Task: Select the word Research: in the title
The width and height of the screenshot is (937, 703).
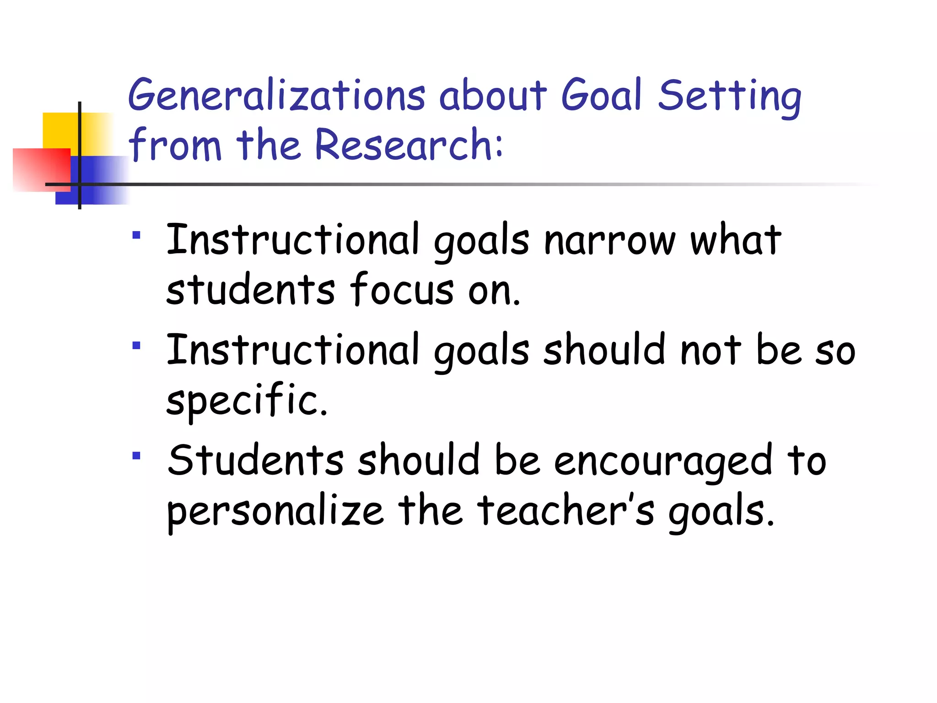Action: point(409,145)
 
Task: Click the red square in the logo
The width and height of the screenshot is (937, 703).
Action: point(41,169)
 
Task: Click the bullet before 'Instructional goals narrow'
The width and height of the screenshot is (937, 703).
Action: point(136,235)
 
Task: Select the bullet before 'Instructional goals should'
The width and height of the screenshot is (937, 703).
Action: point(136,345)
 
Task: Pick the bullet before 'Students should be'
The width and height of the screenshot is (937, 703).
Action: point(136,455)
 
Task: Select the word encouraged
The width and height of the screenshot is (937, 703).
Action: point(663,461)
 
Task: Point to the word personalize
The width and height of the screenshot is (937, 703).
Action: point(275,512)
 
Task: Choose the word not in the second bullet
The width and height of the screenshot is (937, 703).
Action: point(710,351)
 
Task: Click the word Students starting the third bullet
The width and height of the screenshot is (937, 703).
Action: point(255,460)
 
